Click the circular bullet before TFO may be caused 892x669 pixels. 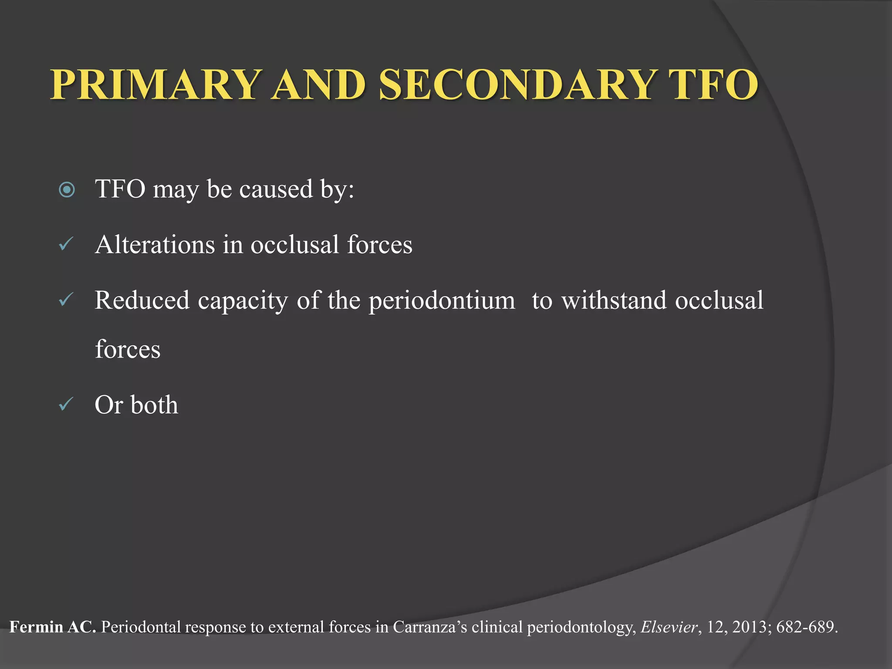click(x=67, y=190)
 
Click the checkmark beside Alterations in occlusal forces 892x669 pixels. click(x=66, y=244)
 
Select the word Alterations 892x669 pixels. click(x=155, y=245)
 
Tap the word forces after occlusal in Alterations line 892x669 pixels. click(x=379, y=245)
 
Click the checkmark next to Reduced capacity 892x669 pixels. click(x=66, y=300)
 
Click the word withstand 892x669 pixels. click(x=614, y=301)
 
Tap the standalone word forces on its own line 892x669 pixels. click(x=128, y=350)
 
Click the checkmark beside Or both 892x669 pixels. click(x=66, y=405)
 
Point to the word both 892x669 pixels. click(x=154, y=405)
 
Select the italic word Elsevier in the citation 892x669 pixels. click(x=669, y=627)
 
